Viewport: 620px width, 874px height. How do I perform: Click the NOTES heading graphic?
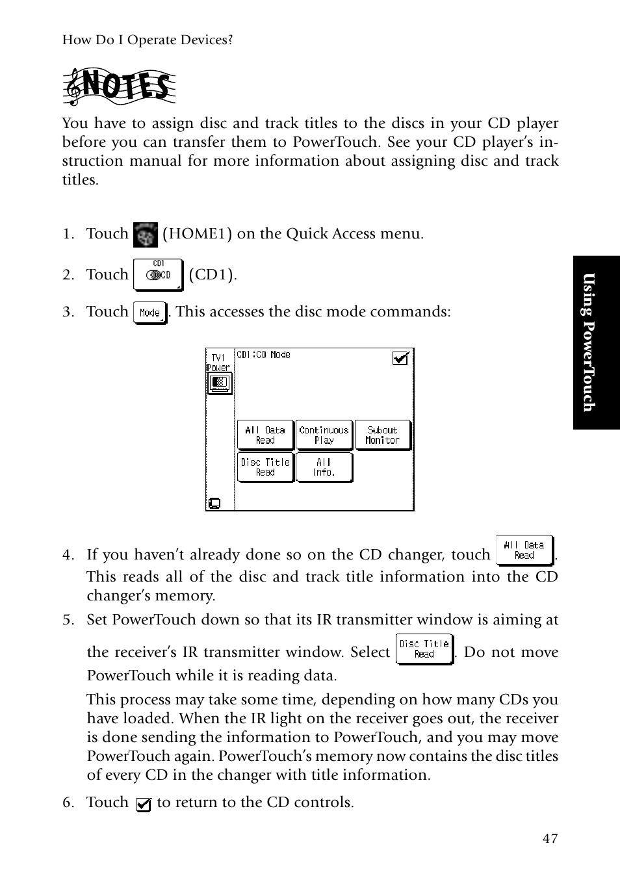119,88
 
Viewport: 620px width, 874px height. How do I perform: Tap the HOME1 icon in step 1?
145,235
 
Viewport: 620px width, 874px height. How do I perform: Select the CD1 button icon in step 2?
158,274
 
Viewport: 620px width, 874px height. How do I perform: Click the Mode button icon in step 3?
150,313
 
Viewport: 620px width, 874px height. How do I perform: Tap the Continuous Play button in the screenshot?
324,435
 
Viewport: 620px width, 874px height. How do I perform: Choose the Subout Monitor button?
382,435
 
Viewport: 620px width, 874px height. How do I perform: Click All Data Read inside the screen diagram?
265,435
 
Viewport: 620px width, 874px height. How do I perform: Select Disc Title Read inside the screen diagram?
265,467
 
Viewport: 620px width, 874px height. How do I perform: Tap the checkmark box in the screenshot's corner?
400,358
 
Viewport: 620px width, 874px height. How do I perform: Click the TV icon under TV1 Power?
219,383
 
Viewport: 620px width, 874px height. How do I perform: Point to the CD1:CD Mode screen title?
263,355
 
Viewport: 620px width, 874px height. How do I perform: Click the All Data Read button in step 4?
524,550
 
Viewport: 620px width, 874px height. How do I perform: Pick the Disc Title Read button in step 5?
424,649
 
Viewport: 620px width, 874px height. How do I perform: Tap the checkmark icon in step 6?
144,804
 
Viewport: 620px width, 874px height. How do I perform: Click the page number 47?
550,838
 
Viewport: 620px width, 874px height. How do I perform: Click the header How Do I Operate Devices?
148,40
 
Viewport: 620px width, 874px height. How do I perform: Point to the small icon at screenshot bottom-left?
214,503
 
